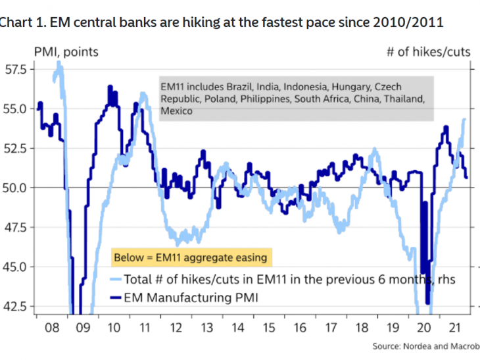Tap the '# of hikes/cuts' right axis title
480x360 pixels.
pyautogui.click(x=429, y=51)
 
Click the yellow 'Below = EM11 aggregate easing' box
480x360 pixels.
pyautogui.click(x=190, y=257)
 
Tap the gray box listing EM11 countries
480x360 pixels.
pyautogui.click(x=295, y=99)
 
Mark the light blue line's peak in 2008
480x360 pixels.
pyautogui.click(x=59, y=64)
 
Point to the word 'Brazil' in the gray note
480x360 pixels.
pyautogui.click(x=241, y=87)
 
